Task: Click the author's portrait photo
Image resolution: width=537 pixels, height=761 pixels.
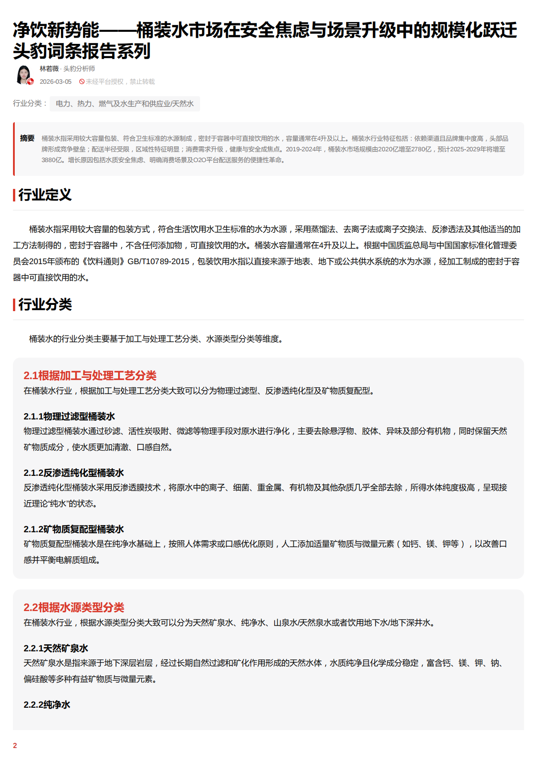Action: (24, 75)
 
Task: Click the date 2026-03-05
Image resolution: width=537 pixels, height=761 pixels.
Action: (55, 81)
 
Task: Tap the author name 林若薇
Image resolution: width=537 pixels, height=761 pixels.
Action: (49, 68)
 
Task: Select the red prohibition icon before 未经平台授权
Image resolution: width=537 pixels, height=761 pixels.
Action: (82, 81)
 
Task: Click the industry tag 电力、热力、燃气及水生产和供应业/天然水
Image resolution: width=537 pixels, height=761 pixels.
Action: (124, 104)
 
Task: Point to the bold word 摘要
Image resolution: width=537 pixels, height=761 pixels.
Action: (27, 138)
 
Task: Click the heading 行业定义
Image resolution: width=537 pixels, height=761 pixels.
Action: (45, 195)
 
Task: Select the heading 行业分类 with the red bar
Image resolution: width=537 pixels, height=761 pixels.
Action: (45, 304)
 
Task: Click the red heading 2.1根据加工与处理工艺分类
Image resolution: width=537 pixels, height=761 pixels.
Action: (90, 376)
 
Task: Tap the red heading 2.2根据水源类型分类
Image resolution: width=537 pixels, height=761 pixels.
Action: (74, 607)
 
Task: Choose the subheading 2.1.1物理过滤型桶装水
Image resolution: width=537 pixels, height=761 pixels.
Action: (69, 416)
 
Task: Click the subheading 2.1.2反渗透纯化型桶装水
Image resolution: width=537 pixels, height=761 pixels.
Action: (74, 473)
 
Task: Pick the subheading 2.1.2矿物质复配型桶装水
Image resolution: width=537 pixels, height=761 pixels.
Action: (74, 529)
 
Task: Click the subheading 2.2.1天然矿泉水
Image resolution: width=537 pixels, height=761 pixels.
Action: (56, 648)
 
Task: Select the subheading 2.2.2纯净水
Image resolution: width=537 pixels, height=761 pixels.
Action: (47, 705)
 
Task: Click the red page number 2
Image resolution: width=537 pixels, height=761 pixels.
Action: (15, 745)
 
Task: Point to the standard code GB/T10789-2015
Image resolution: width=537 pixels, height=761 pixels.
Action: (158, 261)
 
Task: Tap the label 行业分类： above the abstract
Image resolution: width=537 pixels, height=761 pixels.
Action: (30, 103)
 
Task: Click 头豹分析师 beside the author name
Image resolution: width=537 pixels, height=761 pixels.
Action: (79, 68)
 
